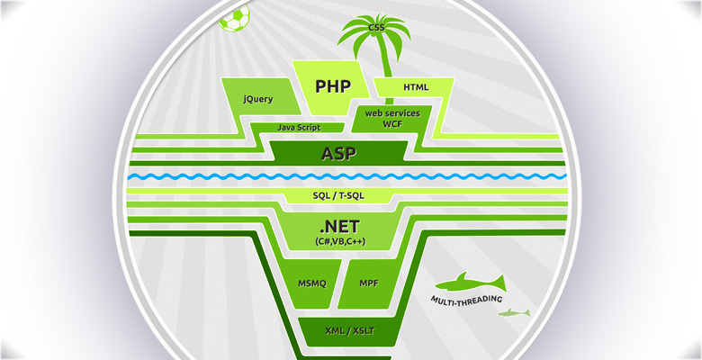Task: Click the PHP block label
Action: pyautogui.click(x=332, y=86)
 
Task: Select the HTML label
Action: pyautogui.click(x=416, y=87)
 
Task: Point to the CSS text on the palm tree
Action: pyautogui.click(x=376, y=29)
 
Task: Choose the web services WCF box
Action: pyautogui.click(x=391, y=118)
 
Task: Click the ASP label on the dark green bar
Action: pyautogui.click(x=338, y=153)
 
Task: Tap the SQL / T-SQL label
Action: pyautogui.click(x=338, y=195)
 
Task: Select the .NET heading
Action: pyautogui.click(x=338, y=227)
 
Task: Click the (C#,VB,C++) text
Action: pyautogui.click(x=338, y=242)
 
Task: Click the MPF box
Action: pyautogui.click(x=369, y=283)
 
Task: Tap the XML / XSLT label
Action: pyautogui.click(x=349, y=331)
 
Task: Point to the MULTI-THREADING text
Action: pyautogui.click(x=467, y=299)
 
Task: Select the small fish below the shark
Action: pyautogui.click(x=514, y=313)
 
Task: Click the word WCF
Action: pyautogui.click(x=391, y=124)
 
